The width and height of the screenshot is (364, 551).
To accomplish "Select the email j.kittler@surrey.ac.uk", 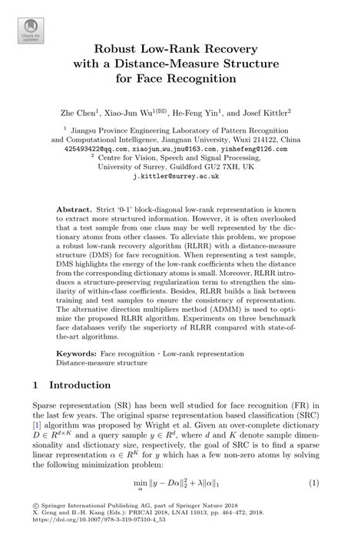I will click(x=181, y=175).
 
